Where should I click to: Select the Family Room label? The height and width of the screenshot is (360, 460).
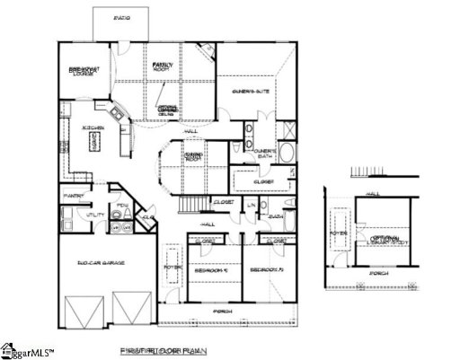click(x=162, y=66)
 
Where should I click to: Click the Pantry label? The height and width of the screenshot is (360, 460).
click(x=73, y=195)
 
